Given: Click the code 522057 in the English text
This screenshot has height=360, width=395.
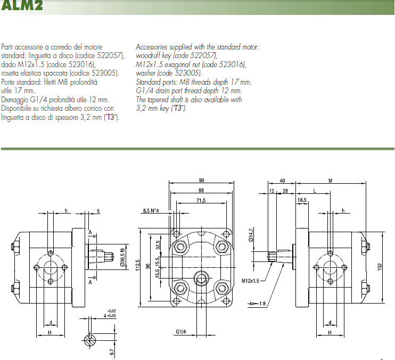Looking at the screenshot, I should (x=203, y=55).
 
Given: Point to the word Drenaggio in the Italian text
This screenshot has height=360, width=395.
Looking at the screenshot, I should (x=15, y=99).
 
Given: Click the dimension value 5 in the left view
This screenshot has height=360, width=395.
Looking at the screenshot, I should (x=99, y=211).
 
